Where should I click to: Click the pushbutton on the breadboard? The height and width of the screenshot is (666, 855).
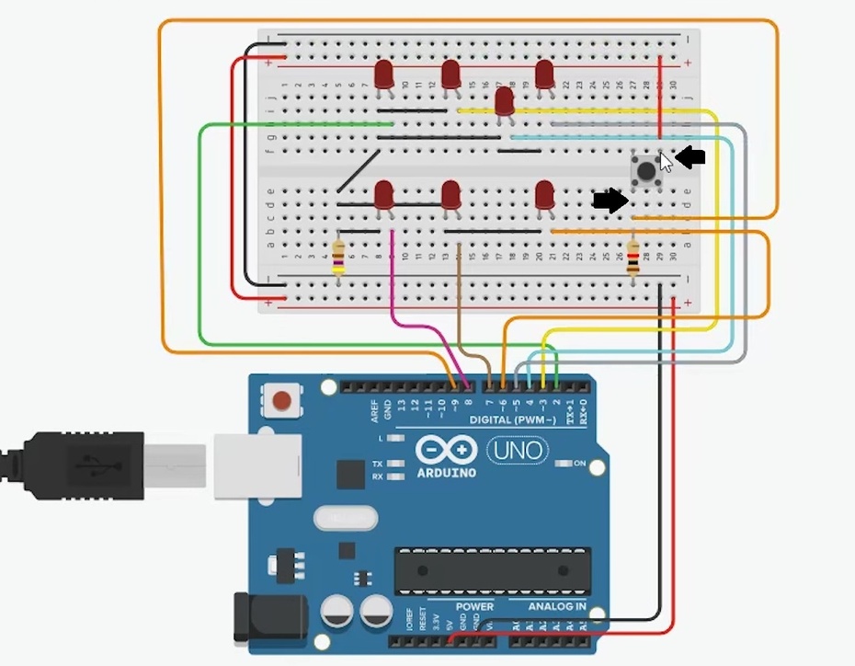tap(646, 168)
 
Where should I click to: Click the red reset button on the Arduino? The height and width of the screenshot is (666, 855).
tap(284, 401)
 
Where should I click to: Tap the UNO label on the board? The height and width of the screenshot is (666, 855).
tap(517, 451)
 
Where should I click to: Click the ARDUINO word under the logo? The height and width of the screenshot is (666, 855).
tap(446, 472)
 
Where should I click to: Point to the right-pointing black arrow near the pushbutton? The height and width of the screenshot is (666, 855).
tap(610, 201)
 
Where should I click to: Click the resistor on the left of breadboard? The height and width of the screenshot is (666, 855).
tap(338, 257)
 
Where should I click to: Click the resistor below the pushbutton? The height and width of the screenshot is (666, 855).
tap(633, 258)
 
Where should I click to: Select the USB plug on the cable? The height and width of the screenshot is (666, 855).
tap(83, 463)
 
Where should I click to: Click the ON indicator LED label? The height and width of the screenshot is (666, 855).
tap(580, 463)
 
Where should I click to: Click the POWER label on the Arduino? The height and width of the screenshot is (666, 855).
tap(474, 607)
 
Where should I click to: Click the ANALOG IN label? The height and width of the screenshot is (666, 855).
tap(556, 607)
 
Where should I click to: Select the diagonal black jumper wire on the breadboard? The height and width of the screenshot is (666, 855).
tap(358, 172)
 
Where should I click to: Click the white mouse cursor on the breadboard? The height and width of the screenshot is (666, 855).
tap(666, 161)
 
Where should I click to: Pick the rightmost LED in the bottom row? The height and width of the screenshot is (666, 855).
tap(544, 195)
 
